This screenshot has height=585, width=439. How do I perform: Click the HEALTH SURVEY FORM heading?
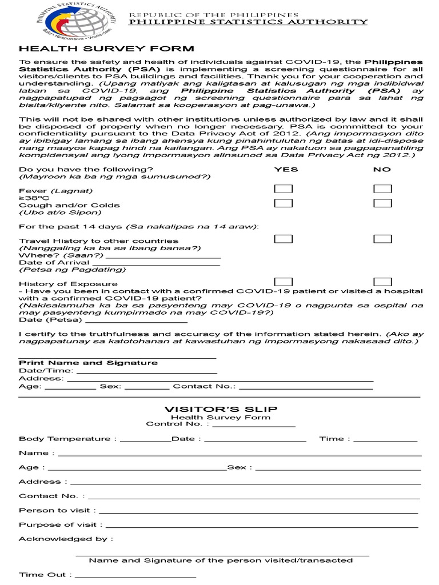(106, 49)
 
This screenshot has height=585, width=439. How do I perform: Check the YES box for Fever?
(284, 189)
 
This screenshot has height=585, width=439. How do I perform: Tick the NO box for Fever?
(382, 189)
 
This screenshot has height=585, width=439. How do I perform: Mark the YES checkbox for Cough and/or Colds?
(284, 203)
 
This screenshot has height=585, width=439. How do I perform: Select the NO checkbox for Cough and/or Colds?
(382, 203)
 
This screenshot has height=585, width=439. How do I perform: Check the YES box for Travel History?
(284, 239)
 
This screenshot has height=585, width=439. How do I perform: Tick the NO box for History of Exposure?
(382, 282)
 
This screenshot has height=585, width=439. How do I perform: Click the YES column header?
(286, 169)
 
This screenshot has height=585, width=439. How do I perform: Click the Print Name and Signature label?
(88, 363)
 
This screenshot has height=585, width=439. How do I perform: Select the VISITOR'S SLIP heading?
(221, 409)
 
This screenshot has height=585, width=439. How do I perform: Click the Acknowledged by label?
(65, 539)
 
